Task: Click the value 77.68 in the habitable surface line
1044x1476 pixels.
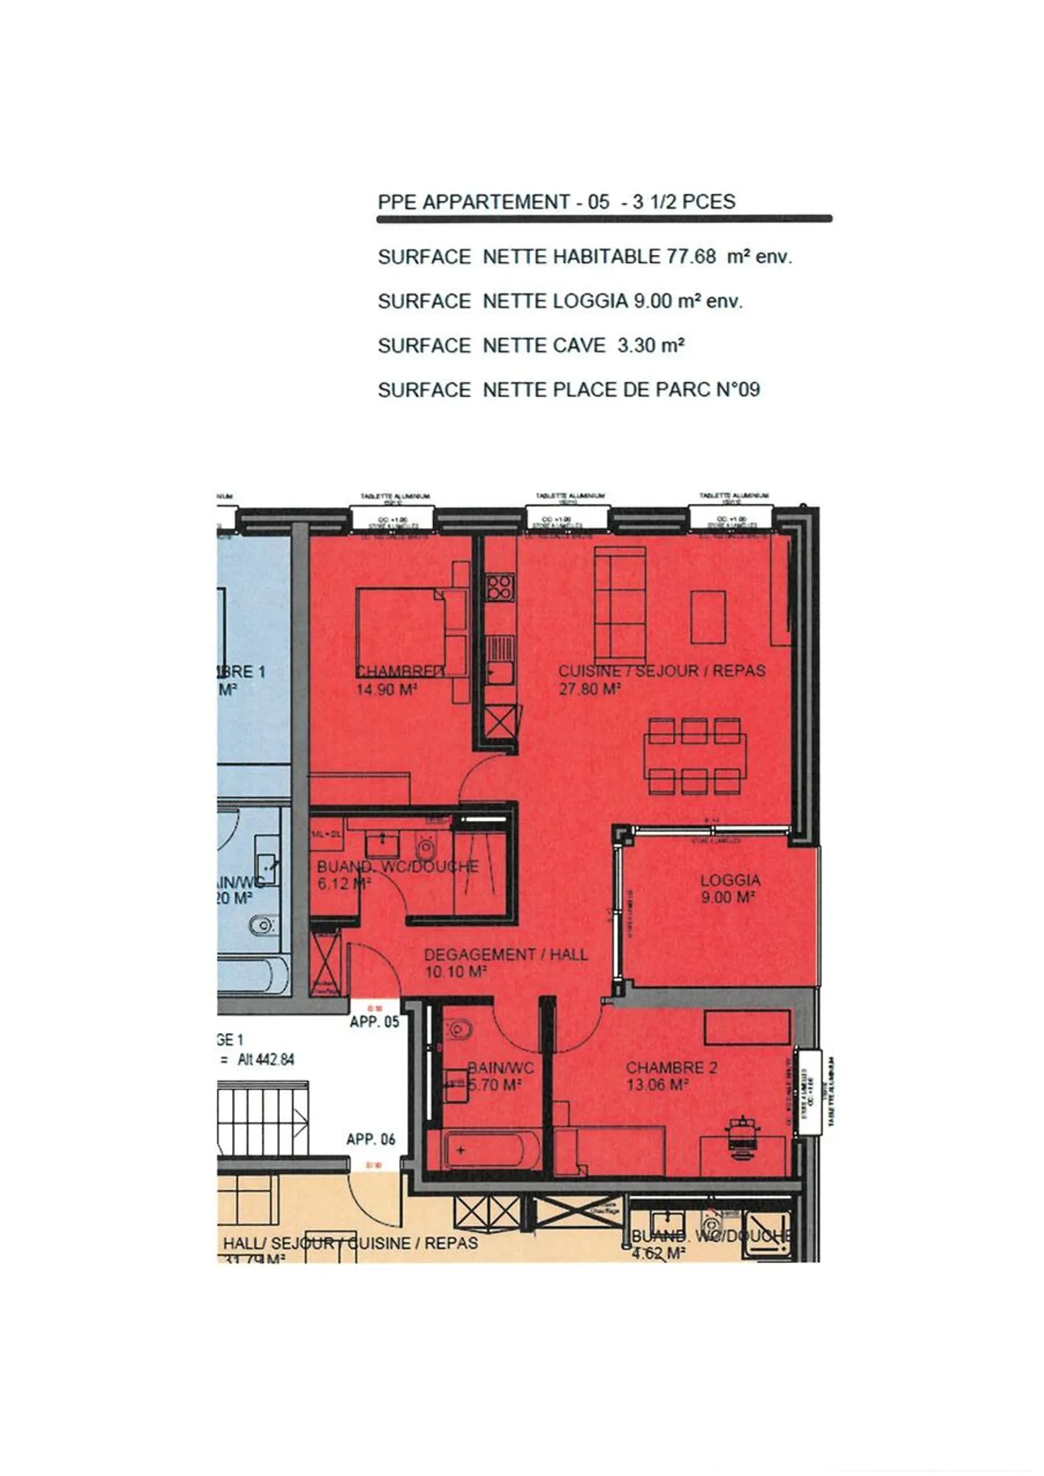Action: [x=691, y=257]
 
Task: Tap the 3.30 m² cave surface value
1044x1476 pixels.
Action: [x=650, y=346]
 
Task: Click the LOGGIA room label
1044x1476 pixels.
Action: [x=730, y=880]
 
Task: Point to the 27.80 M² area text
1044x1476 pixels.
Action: [x=589, y=689]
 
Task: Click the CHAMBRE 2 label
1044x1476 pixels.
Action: [x=671, y=1067]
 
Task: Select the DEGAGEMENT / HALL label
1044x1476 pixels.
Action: [x=505, y=954]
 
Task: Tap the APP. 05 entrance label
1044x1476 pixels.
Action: [x=374, y=1022]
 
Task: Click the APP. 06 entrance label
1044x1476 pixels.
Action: [x=370, y=1139]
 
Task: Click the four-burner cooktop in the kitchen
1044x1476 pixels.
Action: [x=500, y=586]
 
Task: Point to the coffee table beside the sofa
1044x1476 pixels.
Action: [x=708, y=617]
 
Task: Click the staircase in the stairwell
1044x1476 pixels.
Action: [x=262, y=1117]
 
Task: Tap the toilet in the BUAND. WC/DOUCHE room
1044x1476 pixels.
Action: [x=426, y=846]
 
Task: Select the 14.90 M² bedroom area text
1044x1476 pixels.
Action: [x=386, y=690]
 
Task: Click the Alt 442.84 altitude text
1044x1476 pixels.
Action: [x=266, y=1059]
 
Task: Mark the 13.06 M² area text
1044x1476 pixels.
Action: [x=657, y=1085]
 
